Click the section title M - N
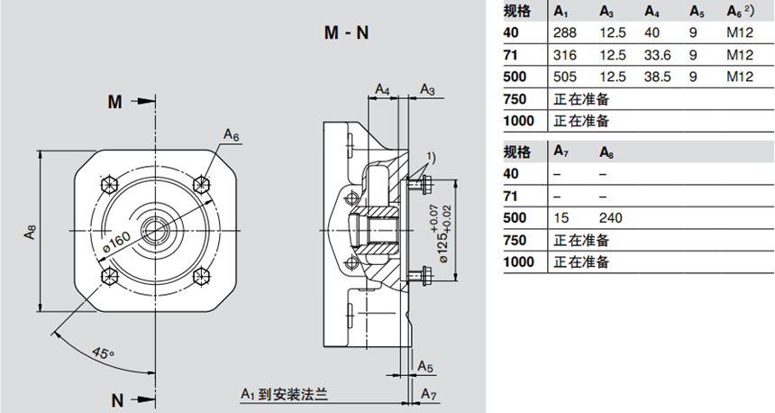[x=347, y=33]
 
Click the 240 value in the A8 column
[x=610, y=218]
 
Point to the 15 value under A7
[x=561, y=218]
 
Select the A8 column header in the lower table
[x=606, y=151]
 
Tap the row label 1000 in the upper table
[x=519, y=121]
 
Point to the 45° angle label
[x=105, y=351]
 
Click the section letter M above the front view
[x=114, y=102]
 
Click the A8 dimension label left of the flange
[x=30, y=232]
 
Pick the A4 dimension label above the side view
[x=383, y=90]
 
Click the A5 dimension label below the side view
[x=426, y=366]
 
